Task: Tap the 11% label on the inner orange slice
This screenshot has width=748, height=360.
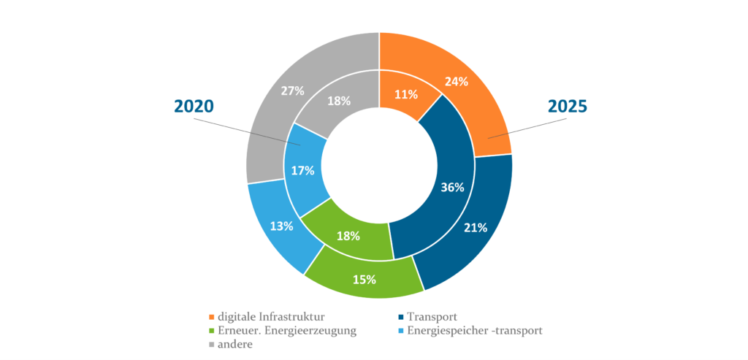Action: [405, 94]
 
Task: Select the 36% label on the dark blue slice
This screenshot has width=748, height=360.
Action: [453, 187]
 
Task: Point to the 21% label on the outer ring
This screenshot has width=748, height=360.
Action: [476, 227]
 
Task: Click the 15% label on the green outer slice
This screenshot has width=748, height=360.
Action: [365, 279]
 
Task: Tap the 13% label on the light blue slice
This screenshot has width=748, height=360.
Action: [281, 226]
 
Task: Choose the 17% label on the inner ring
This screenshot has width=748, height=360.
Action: [302, 170]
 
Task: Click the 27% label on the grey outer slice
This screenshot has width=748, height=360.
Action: [293, 91]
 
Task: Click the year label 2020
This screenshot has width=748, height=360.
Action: [194, 106]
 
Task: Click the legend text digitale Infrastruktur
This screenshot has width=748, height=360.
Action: [271, 317]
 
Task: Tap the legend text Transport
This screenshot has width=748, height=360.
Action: [434, 317]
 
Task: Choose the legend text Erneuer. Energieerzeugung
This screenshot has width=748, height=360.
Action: [286, 331]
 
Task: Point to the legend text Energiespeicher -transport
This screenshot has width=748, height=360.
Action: [474, 331]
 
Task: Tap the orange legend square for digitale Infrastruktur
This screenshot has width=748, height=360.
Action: [212, 318]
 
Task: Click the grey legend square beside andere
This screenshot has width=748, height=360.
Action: [212, 345]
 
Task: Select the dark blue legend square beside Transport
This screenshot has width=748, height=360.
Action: [400, 318]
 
